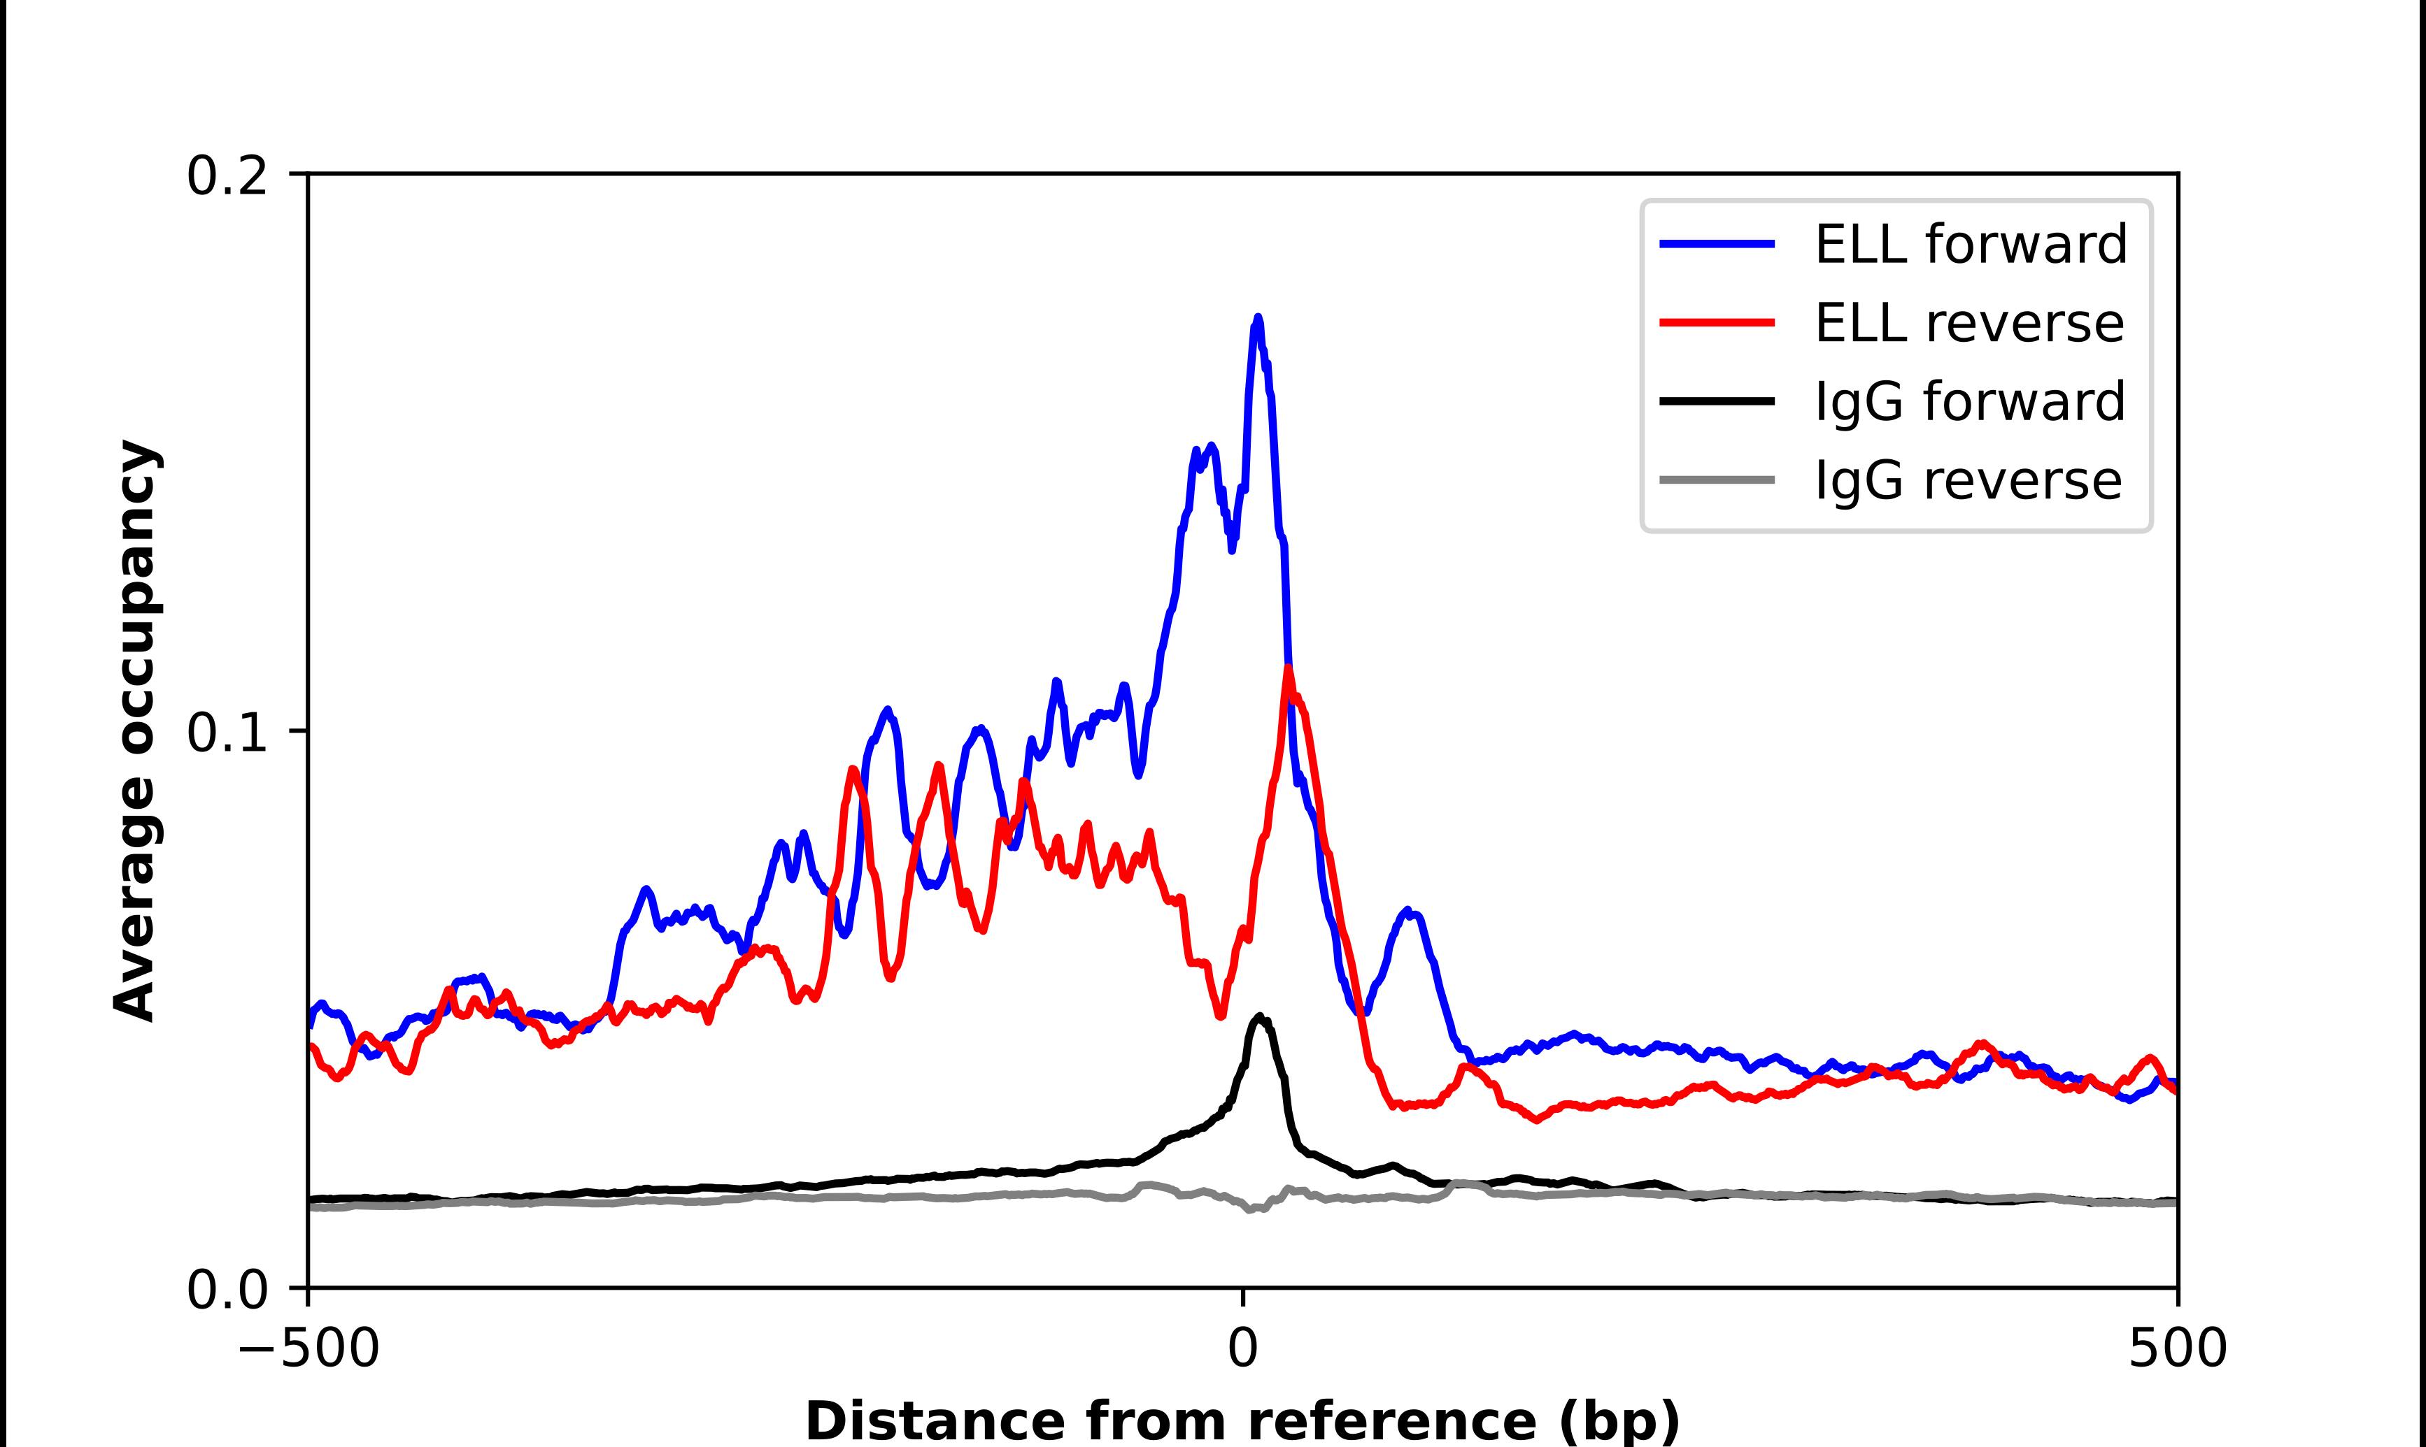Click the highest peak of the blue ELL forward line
(1257, 319)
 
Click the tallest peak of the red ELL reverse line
(1288, 669)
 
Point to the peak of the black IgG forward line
(1259, 1017)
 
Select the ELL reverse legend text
(1969, 323)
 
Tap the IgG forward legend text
(1969, 401)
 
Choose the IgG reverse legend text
(1968, 480)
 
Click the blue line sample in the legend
(1717, 245)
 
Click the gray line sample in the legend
(1717, 480)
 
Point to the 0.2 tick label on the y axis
(227, 176)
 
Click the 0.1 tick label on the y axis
(227, 733)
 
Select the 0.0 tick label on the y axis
(227, 1290)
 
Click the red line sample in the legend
(1717, 323)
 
